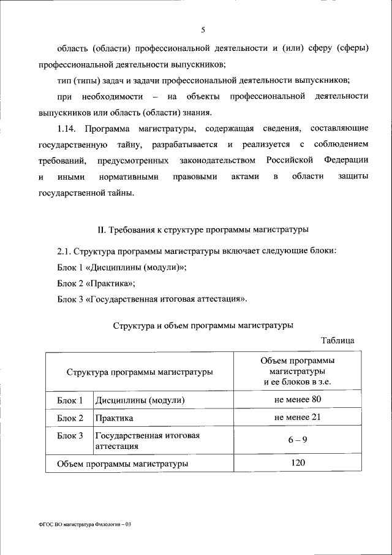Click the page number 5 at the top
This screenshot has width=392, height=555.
[x=203, y=30]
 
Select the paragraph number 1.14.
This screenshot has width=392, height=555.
[x=67, y=128]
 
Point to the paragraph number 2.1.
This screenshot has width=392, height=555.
[x=64, y=251]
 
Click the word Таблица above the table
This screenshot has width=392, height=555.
[x=337, y=340]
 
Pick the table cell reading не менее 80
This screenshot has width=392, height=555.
[x=298, y=400]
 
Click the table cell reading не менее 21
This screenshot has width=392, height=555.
[x=298, y=418]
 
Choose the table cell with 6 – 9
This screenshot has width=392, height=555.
[x=298, y=440]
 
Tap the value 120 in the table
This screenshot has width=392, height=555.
[x=298, y=463]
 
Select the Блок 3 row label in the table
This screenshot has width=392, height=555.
[x=70, y=435]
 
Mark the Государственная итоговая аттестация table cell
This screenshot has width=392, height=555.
[x=147, y=441]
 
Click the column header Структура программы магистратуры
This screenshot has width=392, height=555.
[x=140, y=372]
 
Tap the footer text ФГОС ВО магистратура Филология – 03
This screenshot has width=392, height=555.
[x=85, y=526]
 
